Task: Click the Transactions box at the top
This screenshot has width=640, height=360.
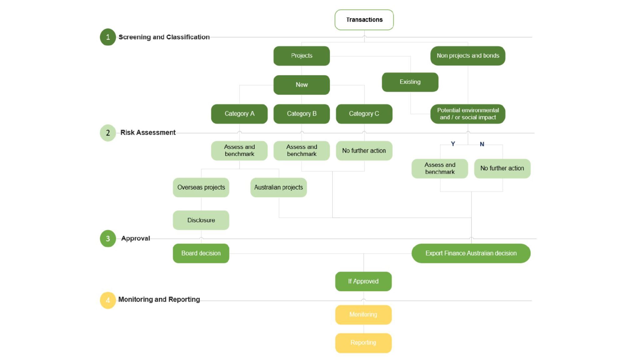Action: [364, 20]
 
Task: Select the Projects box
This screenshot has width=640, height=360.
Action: [302, 56]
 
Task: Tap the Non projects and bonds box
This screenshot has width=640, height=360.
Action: [467, 56]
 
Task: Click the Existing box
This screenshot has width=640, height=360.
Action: [410, 82]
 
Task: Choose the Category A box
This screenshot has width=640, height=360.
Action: [239, 114]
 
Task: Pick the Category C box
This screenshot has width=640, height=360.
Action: [364, 114]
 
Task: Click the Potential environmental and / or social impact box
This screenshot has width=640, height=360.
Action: [467, 114]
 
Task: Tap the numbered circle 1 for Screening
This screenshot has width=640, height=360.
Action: [108, 37]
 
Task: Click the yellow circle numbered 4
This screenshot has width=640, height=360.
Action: [108, 300]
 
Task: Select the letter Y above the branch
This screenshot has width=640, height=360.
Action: [453, 144]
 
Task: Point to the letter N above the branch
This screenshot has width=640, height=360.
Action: [482, 144]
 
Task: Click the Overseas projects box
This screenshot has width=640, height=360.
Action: [201, 187]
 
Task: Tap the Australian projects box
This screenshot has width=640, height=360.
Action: [278, 187]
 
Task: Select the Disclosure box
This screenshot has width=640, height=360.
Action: [201, 220]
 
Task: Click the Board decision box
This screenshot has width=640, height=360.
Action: [201, 253]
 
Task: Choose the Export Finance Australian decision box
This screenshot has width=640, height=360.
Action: [471, 253]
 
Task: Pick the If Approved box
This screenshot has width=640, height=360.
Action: [363, 281]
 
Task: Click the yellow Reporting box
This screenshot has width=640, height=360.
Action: [363, 343]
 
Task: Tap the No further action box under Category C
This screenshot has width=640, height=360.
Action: [364, 151]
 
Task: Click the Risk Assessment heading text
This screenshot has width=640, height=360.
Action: [148, 132]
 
